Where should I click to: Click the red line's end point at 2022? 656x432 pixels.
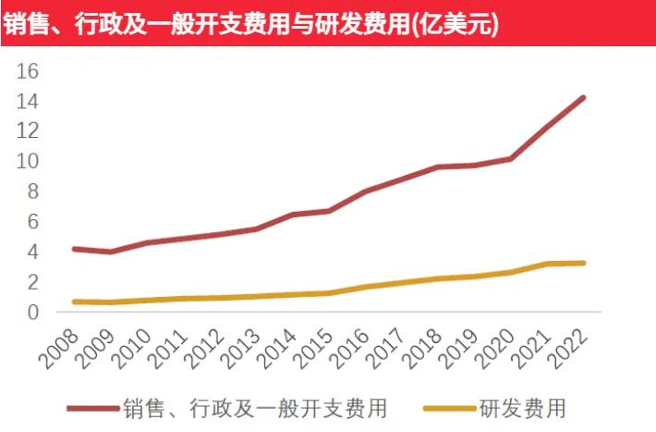pos(583,97)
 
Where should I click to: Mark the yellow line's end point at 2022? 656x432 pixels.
pos(583,263)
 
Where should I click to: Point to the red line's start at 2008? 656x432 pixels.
pos(74,249)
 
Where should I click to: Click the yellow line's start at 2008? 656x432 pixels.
pos(74,302)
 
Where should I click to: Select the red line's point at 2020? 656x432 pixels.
pos(510,159)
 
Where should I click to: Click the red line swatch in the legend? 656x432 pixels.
pos(93,407)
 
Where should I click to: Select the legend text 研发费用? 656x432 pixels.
pos(523,407)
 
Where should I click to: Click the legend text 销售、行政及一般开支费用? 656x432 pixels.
pos(254,407)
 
